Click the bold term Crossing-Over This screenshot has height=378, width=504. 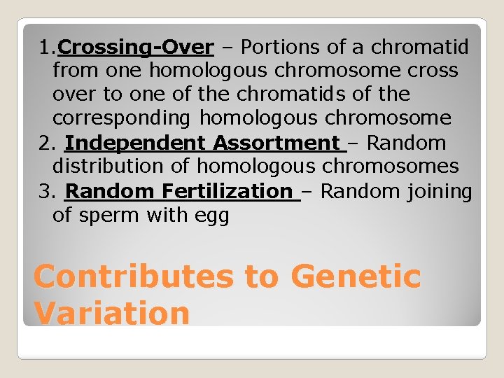[136, 48]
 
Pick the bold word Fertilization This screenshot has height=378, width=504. [227, 191]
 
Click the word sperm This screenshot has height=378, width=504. [113, 216]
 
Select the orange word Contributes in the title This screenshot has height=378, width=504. [132, 276]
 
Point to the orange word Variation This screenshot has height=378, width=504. [111, 312]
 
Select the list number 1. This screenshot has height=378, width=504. [45, 48]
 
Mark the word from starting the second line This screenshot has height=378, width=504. [74, 71]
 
